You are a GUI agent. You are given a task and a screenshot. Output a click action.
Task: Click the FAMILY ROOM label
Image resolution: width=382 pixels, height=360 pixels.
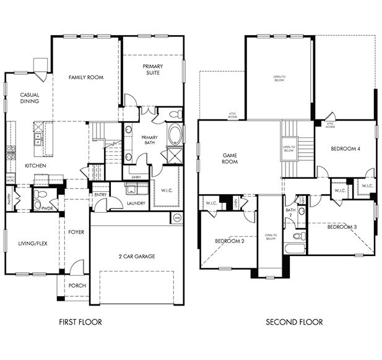pos(85,77)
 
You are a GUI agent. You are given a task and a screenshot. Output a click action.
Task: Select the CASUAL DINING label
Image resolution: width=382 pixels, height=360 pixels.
pos(29,98)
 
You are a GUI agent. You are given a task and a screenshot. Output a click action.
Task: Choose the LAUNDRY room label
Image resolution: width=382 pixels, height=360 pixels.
pos(136,202)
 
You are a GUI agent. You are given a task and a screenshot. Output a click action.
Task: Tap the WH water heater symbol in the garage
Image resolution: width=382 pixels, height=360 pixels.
pos(176,217)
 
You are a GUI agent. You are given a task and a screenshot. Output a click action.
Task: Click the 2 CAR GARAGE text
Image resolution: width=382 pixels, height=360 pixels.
pos(137,255)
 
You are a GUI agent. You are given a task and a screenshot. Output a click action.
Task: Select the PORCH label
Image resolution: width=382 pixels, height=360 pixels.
pos(77,285)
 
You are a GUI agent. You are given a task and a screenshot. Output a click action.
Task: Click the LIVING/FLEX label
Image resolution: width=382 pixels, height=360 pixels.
pos(29,244)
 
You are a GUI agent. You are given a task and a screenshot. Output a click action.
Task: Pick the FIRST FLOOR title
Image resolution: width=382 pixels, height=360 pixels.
pos(80,322)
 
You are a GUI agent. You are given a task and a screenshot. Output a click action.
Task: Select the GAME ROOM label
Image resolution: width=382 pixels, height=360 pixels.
pos(230,158)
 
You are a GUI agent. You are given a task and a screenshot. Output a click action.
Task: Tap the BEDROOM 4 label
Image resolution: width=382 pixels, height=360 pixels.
pos(345,148)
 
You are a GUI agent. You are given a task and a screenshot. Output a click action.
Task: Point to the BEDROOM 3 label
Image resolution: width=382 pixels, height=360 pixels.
pos(342,227)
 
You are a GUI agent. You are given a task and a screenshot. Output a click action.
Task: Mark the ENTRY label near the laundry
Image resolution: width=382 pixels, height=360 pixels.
pos(100,195)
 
